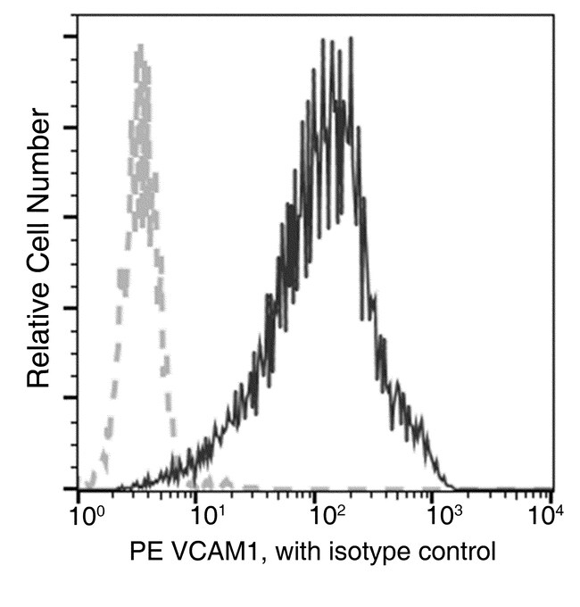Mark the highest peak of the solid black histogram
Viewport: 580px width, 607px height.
click(x=350, y=39)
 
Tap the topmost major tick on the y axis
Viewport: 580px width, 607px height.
click(x=70, y=37)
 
